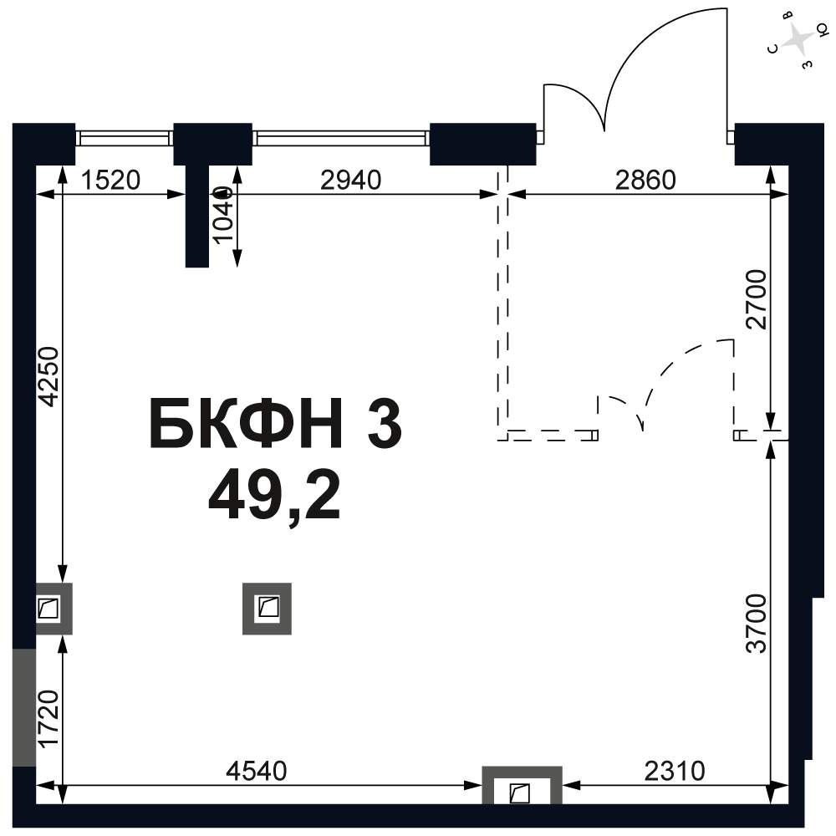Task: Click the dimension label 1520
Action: click(111, 181)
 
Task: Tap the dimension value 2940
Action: click(351, 181)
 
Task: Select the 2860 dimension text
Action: click(645, 181)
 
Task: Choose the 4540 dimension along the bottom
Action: click(257, 771)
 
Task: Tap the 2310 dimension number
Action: click(675, 771)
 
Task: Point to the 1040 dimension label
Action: click(223, 215)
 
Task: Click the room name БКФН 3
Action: click(275, 424)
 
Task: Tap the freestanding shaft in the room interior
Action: click(268, 609)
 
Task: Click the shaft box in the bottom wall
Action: click(522, 785)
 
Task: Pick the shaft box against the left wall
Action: click(54, 609)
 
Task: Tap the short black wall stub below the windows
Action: click(196, 216)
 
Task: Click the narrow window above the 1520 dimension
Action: click(125, 138)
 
